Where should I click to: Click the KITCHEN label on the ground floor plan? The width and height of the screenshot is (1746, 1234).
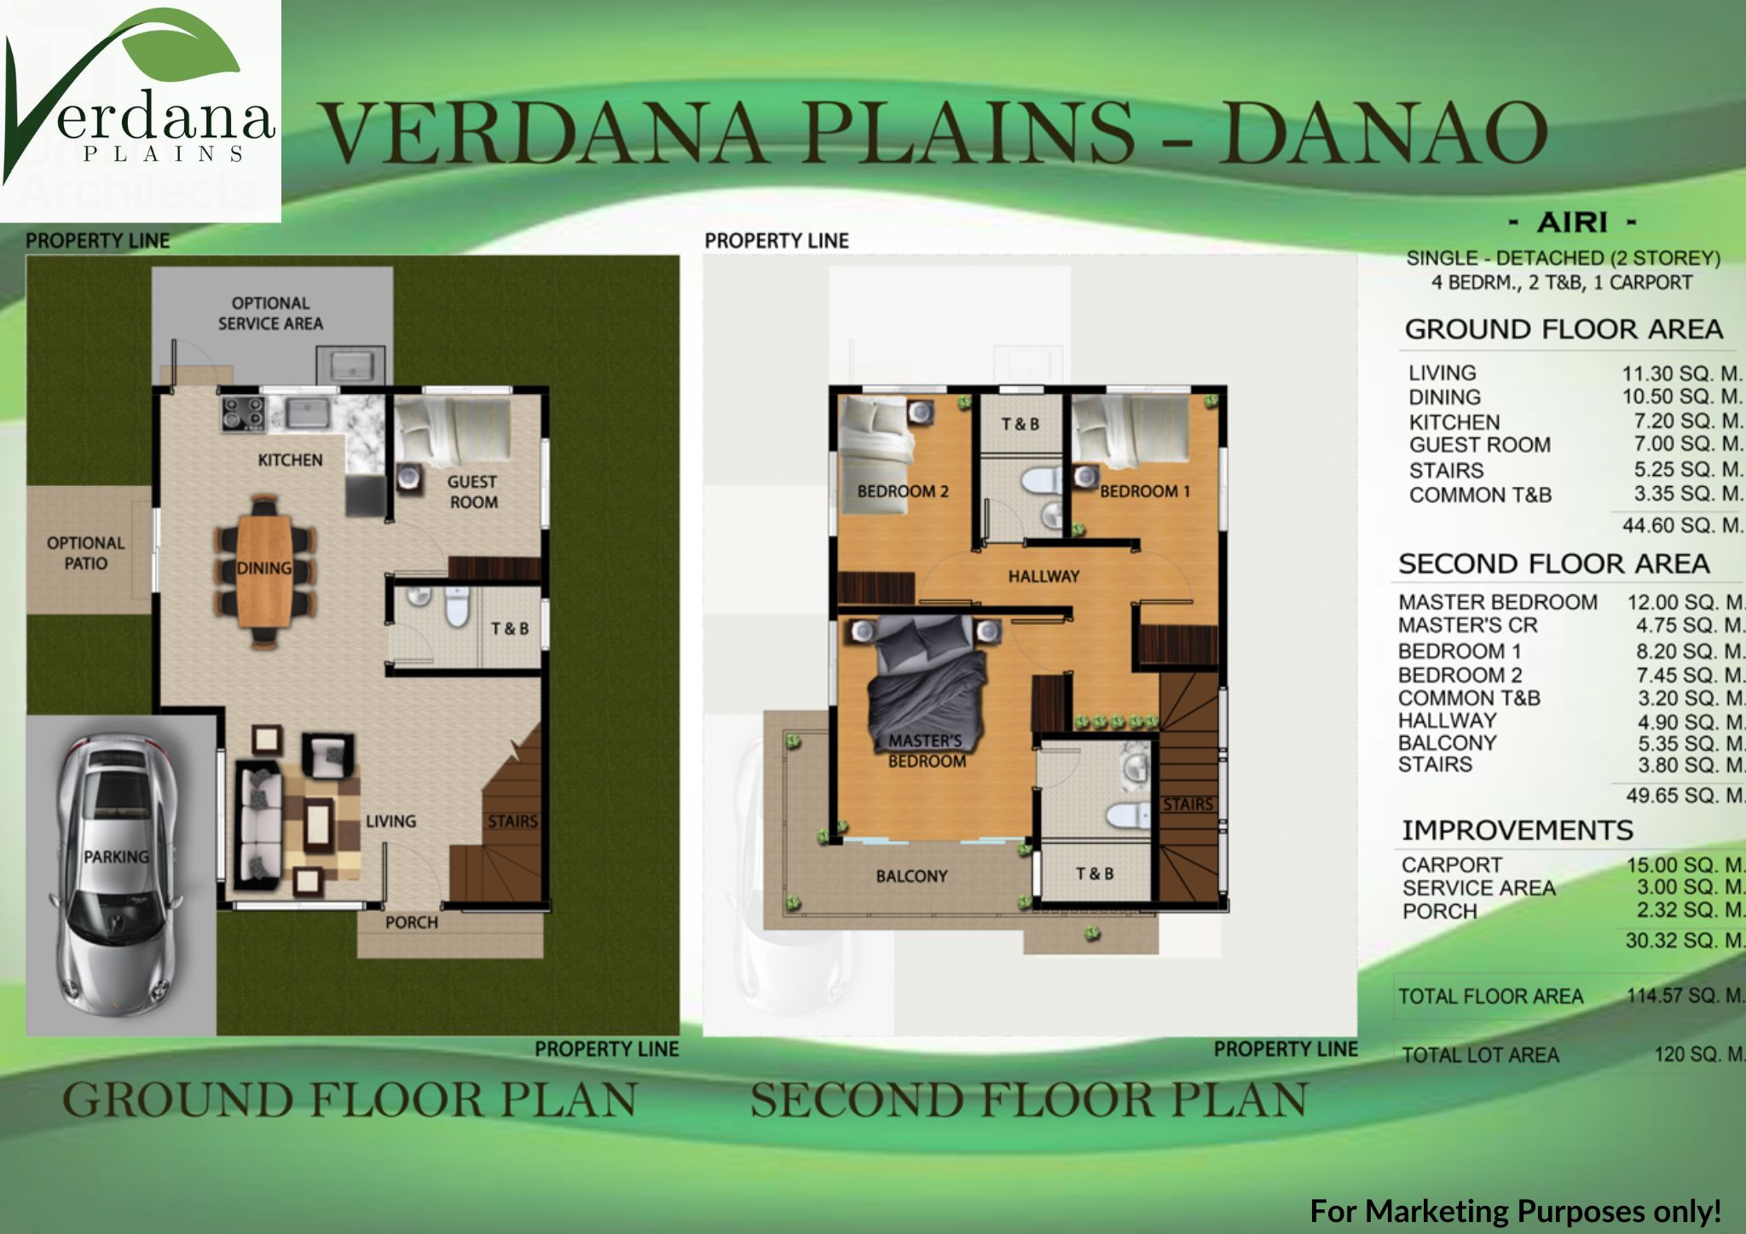tap(290, 461)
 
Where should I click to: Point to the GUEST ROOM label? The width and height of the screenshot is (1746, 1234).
tap(472, 492)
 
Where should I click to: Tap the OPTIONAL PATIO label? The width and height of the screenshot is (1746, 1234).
tap(85, 553)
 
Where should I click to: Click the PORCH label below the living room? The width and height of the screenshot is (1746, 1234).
tap(411, 923)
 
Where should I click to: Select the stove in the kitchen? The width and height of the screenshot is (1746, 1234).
tap(242, 413)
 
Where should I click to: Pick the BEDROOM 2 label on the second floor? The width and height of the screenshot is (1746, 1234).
tap(903, 491)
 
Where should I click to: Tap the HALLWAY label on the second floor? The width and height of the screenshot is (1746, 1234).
tap(1044, 576)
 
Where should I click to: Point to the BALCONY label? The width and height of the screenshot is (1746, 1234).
tap(911, 876)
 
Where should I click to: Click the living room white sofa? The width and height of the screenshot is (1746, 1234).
tap(258, 825)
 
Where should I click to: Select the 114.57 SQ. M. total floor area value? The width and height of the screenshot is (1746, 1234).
tap(1685, 995)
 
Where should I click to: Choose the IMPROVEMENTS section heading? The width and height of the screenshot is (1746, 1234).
tap(1518, 830)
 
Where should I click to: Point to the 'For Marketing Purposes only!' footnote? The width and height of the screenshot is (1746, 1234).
tap(1516, 1211)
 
